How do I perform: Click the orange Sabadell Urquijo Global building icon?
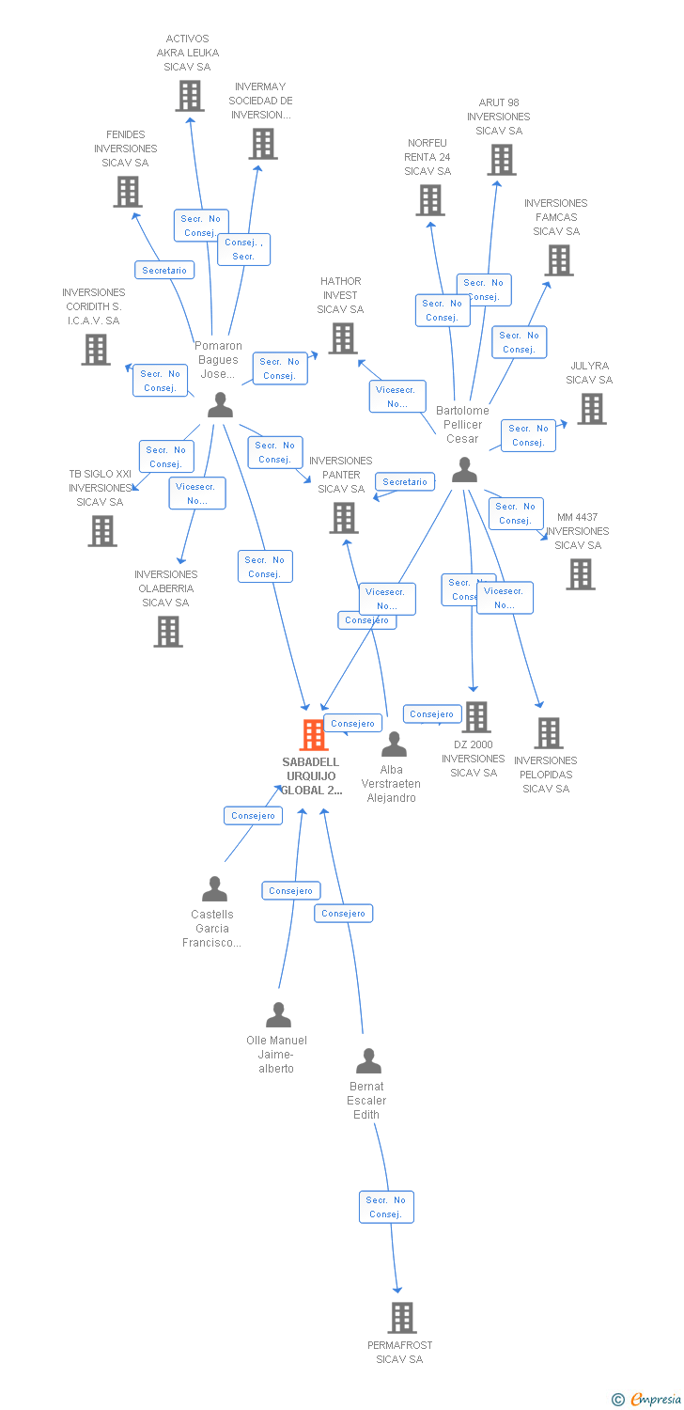point(314,734)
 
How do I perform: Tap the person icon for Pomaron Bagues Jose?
point(220,405)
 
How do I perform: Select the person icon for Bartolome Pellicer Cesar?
point(464,470)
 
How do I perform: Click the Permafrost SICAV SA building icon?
point(401,1318)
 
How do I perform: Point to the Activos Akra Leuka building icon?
point(190,96)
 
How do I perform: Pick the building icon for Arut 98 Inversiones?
point(501,160)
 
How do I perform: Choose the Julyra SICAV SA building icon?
point(591,409)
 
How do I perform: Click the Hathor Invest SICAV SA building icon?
point(343,338)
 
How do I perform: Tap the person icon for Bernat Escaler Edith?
point(368,1061)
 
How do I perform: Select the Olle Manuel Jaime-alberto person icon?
point(278,1015)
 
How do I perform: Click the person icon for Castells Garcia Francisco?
point(214,888)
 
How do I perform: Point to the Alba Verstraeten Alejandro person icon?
point(394,744)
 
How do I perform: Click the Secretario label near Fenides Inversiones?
point(164,270)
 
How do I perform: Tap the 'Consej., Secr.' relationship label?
point(243,249)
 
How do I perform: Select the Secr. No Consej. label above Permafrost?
point(385,1207)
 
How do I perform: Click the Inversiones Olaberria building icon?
point(168,632)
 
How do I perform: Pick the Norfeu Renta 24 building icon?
point(429,200)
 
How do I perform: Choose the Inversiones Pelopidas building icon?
point(548,733)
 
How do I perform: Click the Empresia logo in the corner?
point(647,1400)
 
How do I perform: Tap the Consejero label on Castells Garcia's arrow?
point(253,815)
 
